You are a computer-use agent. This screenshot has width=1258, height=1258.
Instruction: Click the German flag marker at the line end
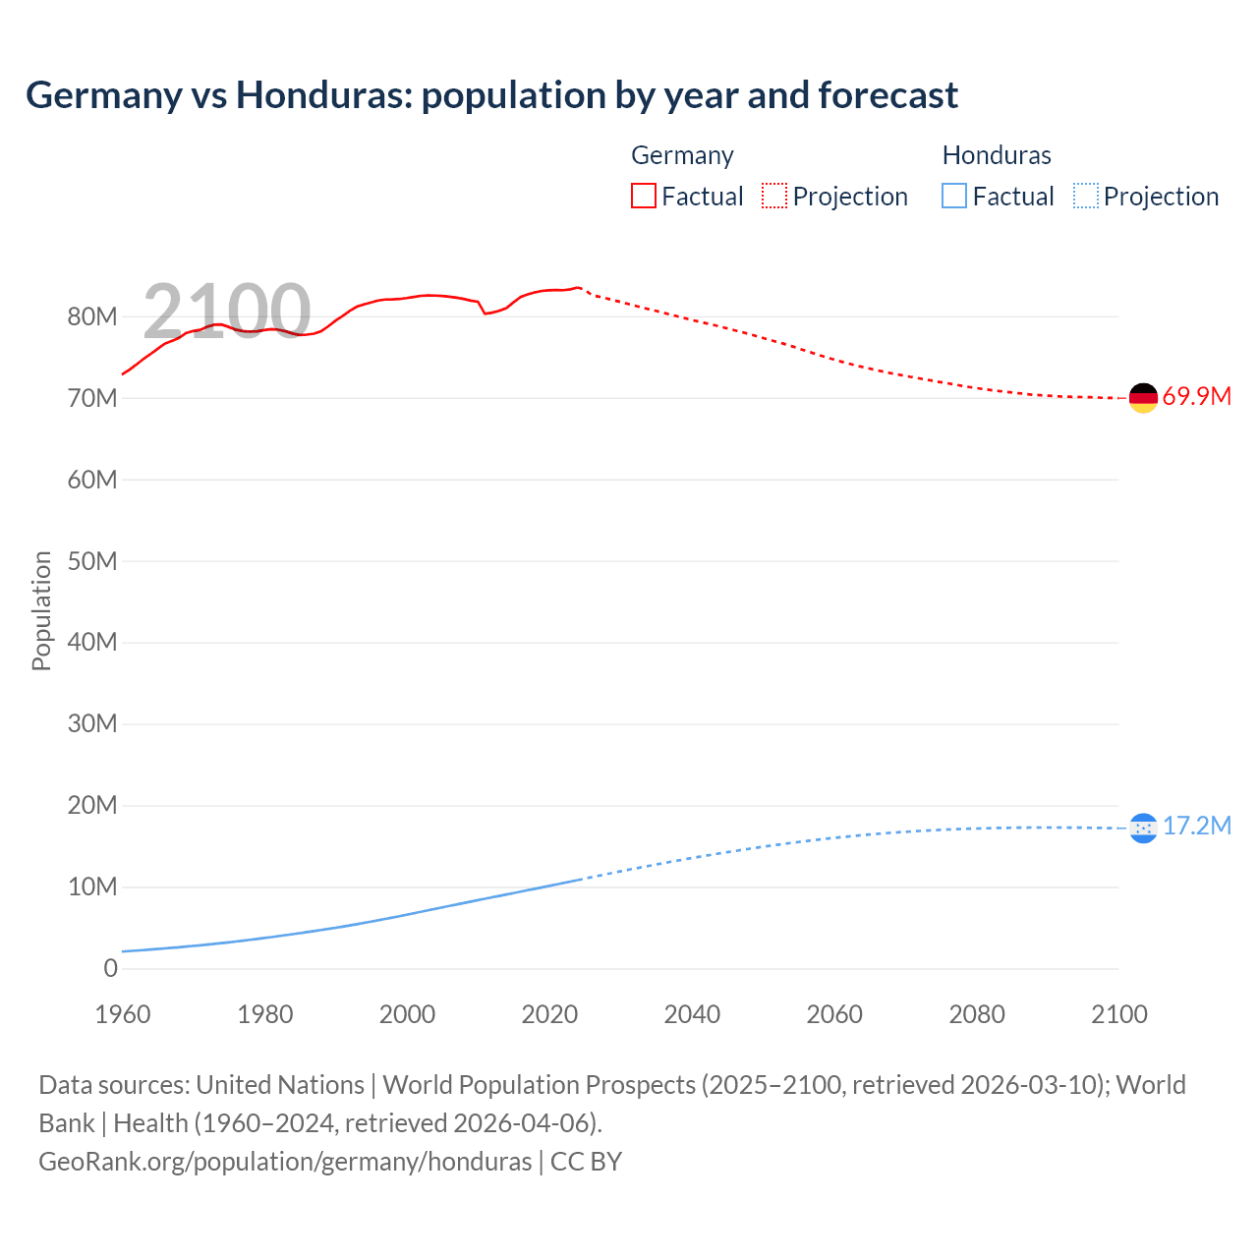[x=1143, y=398]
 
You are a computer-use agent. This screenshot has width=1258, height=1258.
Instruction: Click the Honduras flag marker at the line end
[x=1143, y=829]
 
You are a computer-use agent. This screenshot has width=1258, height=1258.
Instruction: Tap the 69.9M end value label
[x=1196, y=397]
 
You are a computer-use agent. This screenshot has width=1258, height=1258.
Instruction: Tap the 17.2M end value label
[x=1196, y=826]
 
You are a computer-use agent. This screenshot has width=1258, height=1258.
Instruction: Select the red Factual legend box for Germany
[x=643, y=196]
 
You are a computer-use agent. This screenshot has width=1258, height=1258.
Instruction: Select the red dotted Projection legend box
[x=774, y=196]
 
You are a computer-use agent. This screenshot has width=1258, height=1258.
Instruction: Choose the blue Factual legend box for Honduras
[x=954, y=196]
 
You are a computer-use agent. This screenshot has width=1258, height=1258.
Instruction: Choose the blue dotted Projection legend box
[x=1085, y=196]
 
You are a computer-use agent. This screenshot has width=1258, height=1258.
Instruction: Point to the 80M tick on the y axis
[x=92, y=316]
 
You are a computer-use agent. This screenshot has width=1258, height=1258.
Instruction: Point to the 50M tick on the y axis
[x=92, y=561]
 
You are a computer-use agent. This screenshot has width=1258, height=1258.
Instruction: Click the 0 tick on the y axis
[x=110, y=968]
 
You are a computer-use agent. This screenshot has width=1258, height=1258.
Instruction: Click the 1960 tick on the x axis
[x=123, y=1014]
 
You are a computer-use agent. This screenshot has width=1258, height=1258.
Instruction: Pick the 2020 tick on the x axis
[x=549, y=1014]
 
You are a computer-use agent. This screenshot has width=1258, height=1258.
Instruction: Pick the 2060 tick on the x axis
[x=834, y=1014]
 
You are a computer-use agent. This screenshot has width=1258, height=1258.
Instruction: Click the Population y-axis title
[x=41, y=610]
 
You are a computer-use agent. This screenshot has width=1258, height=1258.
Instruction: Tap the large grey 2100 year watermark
[x=227, y=312]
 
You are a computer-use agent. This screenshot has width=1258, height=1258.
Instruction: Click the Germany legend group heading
[x=682, y=155]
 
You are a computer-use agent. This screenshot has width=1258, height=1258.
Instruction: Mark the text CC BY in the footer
[x=586, y=1162]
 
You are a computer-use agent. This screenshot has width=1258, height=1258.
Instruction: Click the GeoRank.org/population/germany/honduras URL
[x=285, y=1162]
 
